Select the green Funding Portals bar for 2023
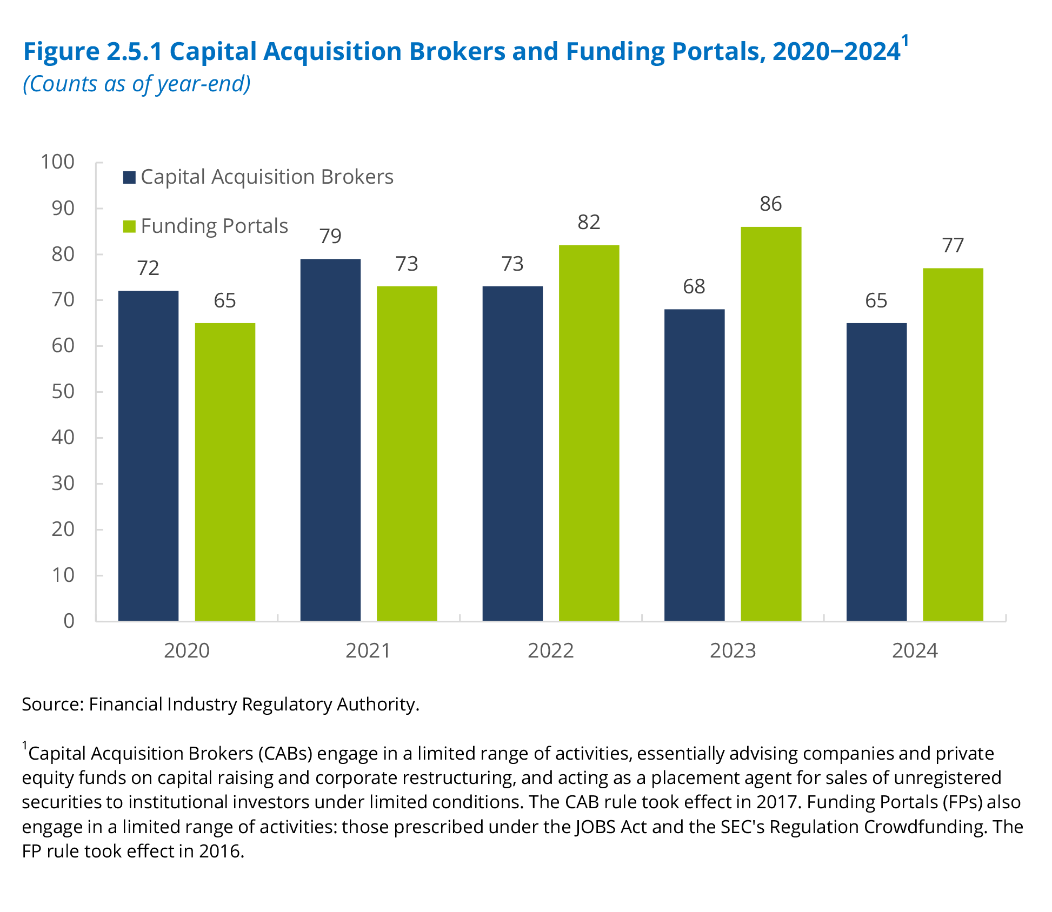[x=771, y=424]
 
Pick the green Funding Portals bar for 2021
[x=407, y=453]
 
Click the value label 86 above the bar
[x=770, y=204]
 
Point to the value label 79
[x=330, y=237]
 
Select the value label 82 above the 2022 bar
[x=589, y=223]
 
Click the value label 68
[x=694, y=287]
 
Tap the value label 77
[x=953, y=246]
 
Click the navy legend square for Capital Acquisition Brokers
[x=129, y=177]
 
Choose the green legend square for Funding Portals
[x=129, y=226]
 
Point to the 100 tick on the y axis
[x=58, y=162]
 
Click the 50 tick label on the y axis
[x=63, y=392]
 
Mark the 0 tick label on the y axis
[x=69, y=621]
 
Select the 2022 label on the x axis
[x=550, y=651]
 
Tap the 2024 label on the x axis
[x=915, y=651]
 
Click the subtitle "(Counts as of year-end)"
[x=137, y=84]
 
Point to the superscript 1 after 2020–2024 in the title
[x=905, y=41]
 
